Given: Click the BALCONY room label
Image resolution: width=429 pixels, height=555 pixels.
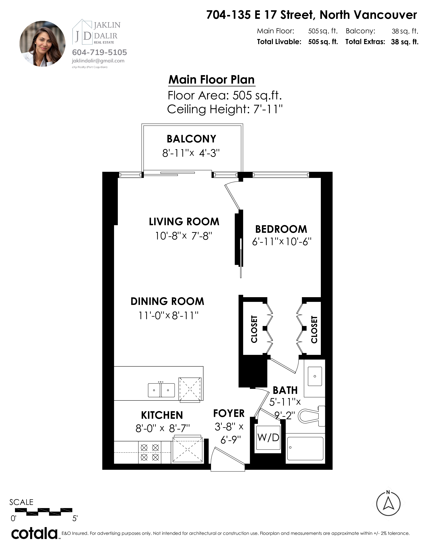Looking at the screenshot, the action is pyautogui.click(x=191, y=139).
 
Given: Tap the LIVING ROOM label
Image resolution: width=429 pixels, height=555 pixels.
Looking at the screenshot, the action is pyautogui.click(x=184, y=222).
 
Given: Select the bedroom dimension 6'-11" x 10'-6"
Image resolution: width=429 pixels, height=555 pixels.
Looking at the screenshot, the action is pyautogui.click(x=282, y=241).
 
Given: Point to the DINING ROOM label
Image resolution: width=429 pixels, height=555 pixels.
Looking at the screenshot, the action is pyautogui.click(x=167, y=301).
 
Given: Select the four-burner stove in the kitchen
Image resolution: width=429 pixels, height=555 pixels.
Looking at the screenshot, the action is pyautogui.click(x=150, y=453).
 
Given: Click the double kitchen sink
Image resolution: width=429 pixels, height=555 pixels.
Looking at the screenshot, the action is pyautogui.click(x=161, y=390).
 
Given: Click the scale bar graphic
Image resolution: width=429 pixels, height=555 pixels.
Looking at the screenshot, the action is pyautogui.click(x=44, y=512).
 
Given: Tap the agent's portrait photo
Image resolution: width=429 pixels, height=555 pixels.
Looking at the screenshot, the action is pyautogui.click(x=42, y=44).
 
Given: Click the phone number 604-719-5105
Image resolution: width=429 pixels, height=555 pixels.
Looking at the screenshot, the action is pyautogui.click(x=99, y=52).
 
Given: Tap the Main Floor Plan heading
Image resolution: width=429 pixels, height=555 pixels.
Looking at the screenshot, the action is pyautogui.click(x=211, y=80).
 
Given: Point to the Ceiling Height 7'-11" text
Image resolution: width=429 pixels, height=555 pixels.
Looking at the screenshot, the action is pyautogui.click(x=225, y=109).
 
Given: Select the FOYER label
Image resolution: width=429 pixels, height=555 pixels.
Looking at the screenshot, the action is pyautogui.click(x=229, y=413).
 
